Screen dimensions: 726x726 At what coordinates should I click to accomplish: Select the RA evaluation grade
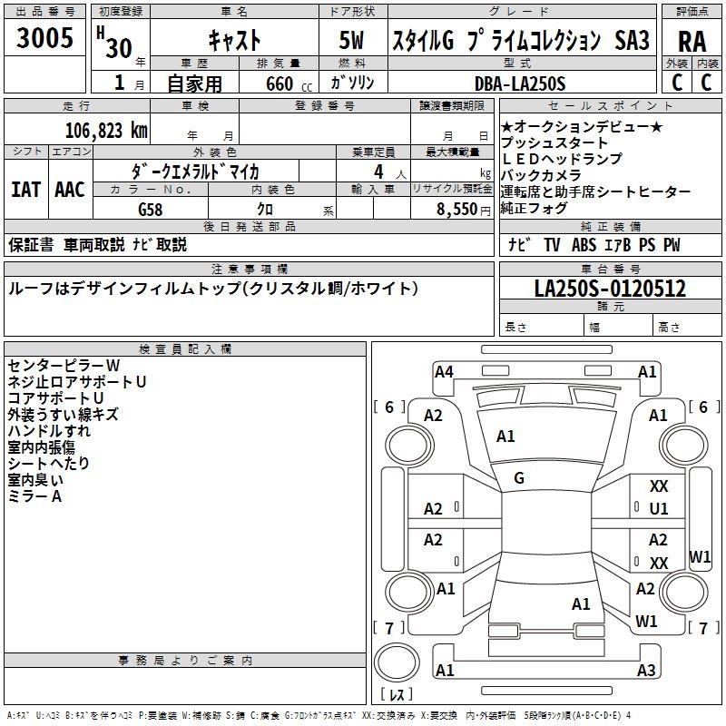coord(692,42)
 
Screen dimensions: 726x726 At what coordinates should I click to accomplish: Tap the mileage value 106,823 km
coord(106,130)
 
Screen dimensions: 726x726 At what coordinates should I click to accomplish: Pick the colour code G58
coord(152,209)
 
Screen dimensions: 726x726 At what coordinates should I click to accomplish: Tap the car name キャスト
coord(235,41)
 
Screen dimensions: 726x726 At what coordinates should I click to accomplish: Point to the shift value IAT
coord(25,189)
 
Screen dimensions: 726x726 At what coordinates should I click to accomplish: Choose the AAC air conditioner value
coord(70,189)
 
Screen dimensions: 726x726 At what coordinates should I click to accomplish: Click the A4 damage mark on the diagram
coord(444,371)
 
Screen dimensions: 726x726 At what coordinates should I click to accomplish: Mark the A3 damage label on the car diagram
coord(646,670)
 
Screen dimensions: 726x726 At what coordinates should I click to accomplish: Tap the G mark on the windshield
coord(519,477)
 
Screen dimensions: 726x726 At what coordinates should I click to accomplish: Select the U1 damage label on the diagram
coord(659,509)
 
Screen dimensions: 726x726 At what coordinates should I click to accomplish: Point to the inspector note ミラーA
coord(34,496)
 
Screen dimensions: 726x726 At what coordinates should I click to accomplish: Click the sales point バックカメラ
coord(542,175)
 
